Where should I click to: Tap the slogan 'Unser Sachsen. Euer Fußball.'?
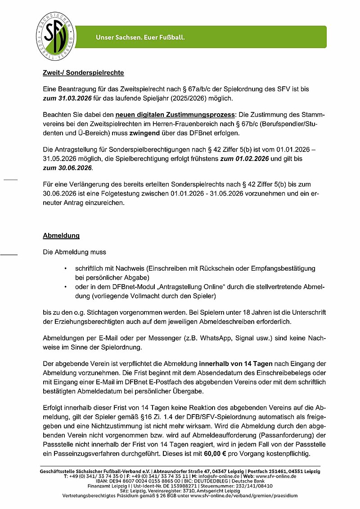[x=140, y=37]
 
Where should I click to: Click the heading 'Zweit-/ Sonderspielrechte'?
[x=83, y=72]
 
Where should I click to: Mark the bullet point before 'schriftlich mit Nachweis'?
[x=66, y=268]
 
